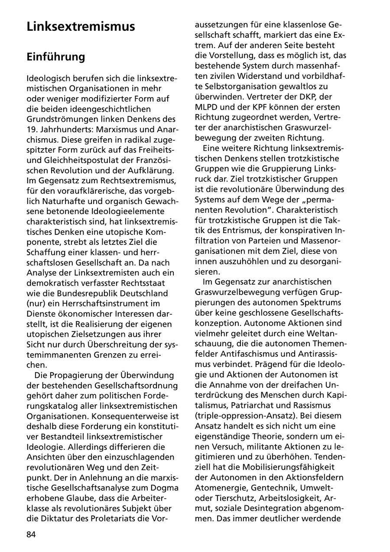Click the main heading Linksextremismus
pos(81,26)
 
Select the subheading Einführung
pos(56,57)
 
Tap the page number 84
pos(31,534)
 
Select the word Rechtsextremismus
pos(137,180)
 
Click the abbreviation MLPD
pos(208,107)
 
